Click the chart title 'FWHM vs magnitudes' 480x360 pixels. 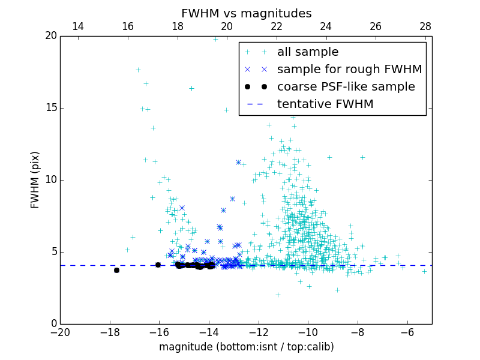[x=246, y=13]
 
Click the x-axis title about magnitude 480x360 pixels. [x=246, y=347]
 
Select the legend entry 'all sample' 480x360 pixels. [x=307, y=52]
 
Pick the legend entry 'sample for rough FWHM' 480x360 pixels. [x=349, y=70]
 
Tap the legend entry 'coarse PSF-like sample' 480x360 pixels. [x=346, y=87]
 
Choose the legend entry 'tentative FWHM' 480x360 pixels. [x=325, y=104]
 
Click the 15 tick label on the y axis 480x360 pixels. [x=50, y=108]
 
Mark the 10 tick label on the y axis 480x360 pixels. [x=50, y=180]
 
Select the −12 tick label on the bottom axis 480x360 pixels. [x=258, y=332]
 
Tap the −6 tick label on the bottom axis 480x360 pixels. [x=407, y=332]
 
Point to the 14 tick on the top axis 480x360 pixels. [x=78, y=26]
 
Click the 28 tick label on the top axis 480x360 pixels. [x=425, y=26]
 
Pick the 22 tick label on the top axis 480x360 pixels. [x=277, y=26]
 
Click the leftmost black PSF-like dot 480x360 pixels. [x=116, y=270]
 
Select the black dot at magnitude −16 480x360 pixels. [x=158, y=265]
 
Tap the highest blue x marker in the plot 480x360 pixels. [x=238, y=162]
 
